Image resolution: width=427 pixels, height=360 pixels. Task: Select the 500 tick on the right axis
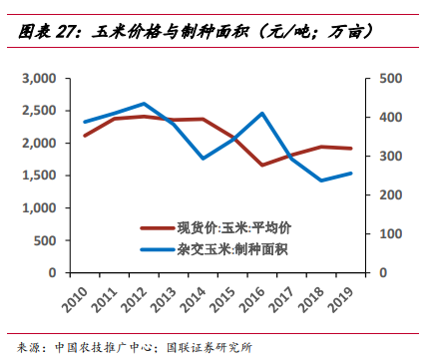point(389,79)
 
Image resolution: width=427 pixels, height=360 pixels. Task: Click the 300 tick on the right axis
point(389,157)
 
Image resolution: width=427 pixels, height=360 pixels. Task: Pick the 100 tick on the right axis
point(389,233)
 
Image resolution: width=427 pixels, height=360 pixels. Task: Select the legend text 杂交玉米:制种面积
point(248,250)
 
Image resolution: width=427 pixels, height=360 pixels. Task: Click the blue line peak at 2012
point(144,104)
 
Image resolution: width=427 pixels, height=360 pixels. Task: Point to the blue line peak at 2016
point(261,113)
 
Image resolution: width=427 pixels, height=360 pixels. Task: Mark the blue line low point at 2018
point(320,180)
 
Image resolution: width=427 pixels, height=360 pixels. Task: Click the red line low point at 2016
point(261,165)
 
